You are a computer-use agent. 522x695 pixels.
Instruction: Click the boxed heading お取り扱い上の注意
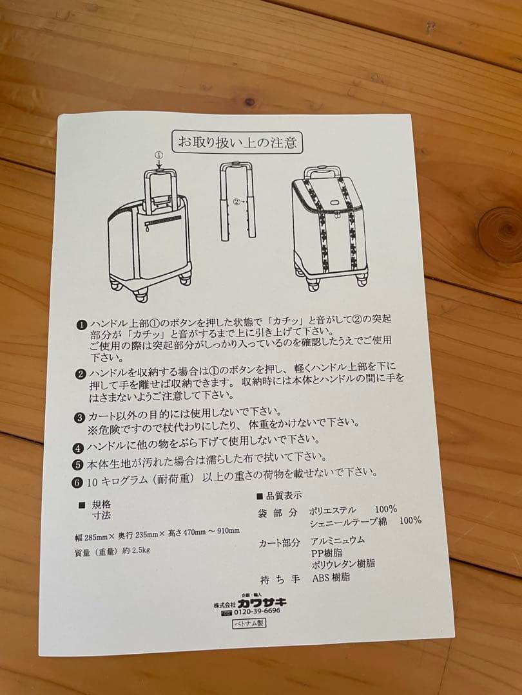point(237,142)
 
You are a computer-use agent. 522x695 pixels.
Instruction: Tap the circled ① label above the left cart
point(159,155)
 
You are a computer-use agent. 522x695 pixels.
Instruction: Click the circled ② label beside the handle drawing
point(237,201)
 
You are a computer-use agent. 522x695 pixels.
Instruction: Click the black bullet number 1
point(82,326)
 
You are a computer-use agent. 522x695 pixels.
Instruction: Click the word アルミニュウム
point(337,541)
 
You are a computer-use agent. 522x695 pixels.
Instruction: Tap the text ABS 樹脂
point(331,578)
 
